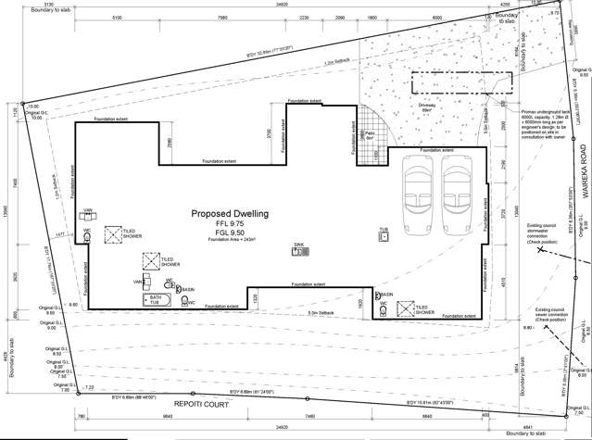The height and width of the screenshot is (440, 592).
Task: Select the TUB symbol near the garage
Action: coord(383,234)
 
